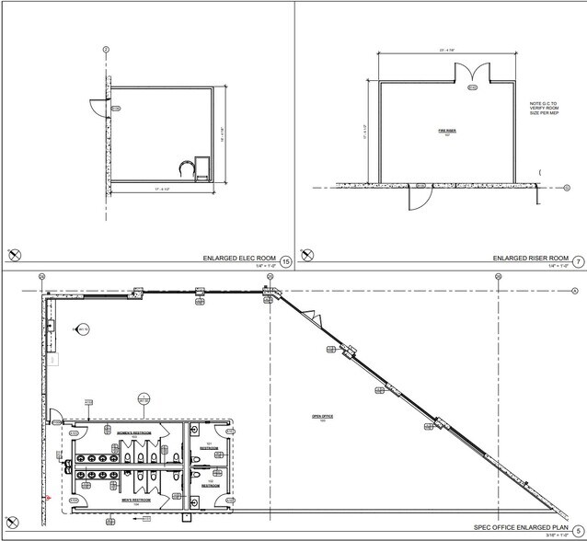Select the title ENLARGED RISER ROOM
coord(530,259)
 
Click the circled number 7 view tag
coord(578,260)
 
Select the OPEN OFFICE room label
coord(321,418)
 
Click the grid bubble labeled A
coord(573,293)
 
